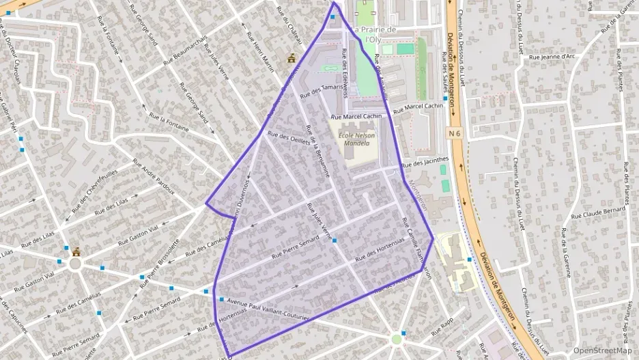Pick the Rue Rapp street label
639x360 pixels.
[x=442, y=328]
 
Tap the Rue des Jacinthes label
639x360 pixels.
[x=425, y=162]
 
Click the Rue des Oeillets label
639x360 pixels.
[x=289, y=137]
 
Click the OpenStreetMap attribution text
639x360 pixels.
[x=603, y=350]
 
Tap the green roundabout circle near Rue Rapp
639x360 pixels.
[x=397, y=339]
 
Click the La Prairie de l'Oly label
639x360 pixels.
[x=373, y=34]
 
